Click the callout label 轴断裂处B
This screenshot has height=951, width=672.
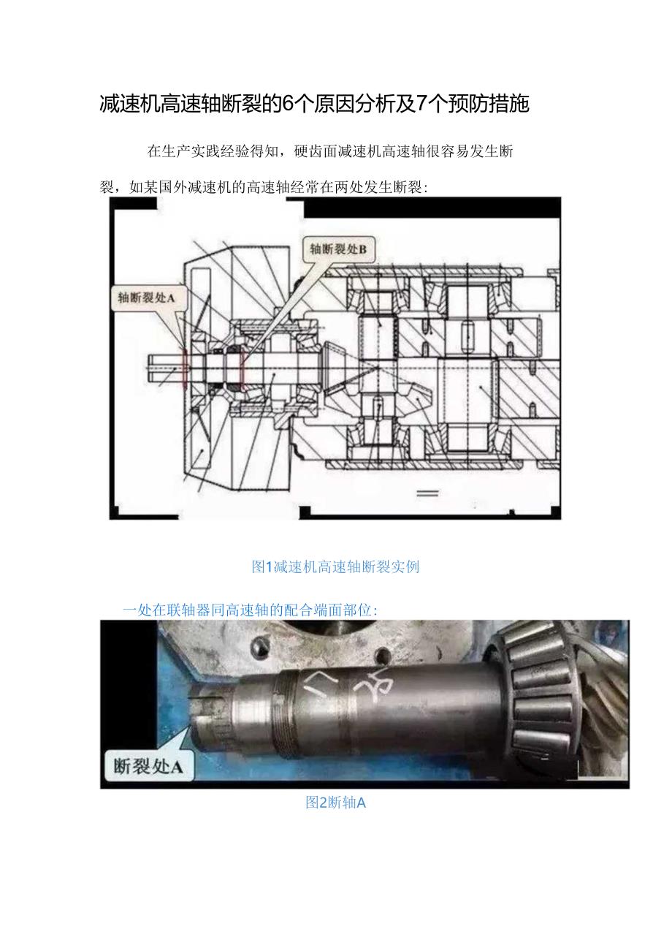(338, 249)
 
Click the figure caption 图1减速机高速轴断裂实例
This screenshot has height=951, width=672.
(335, 567)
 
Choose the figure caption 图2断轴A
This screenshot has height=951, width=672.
(335, 803)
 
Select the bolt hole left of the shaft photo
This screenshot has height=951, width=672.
(257, 646)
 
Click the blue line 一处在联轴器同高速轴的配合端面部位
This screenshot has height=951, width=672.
(250, 610)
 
